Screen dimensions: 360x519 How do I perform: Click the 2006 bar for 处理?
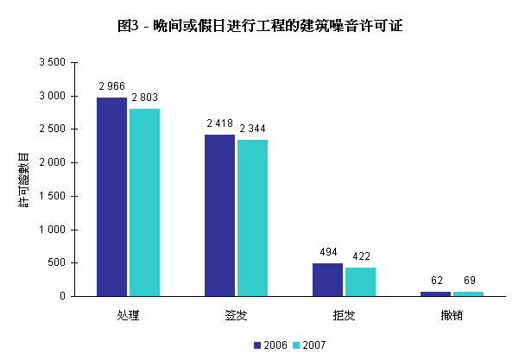111,197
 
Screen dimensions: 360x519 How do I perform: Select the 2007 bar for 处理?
144,202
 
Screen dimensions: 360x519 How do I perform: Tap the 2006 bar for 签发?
219,215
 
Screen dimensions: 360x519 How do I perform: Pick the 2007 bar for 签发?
252,218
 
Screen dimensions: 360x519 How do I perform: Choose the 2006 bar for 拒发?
327,280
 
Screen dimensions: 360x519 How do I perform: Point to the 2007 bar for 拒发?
360,281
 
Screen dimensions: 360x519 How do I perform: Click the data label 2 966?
112,86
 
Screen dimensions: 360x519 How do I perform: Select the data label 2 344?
253,129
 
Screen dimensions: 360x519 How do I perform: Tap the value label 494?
327,252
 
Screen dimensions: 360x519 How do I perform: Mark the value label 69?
469,281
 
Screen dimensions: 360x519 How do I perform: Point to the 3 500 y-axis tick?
52,63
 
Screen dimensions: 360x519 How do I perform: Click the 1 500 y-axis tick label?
52,196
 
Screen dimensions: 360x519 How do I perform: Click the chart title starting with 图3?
259,26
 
